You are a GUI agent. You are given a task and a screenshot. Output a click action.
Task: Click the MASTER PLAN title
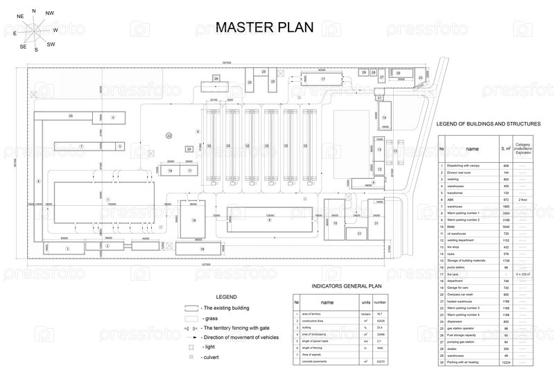pos(264,27)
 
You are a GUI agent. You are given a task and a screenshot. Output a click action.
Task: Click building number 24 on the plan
pos(71,116)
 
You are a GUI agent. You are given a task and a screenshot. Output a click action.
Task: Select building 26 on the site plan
pos(216,79)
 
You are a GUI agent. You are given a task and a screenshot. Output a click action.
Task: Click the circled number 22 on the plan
pos(168,136)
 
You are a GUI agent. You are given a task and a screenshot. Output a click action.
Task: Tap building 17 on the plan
pos(322,80)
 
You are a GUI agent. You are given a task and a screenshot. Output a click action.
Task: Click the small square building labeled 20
pos(189,149)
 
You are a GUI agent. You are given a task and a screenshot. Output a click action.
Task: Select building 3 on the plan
pos(67,247)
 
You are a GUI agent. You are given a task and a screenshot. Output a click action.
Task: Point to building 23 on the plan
pos(420,78)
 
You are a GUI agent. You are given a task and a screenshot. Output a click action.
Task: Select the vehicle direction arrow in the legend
pos(191,337)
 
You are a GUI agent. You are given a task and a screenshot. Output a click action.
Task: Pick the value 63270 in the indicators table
pos(380,361)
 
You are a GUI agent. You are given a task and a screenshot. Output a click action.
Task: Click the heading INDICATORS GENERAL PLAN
pos(341,286)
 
